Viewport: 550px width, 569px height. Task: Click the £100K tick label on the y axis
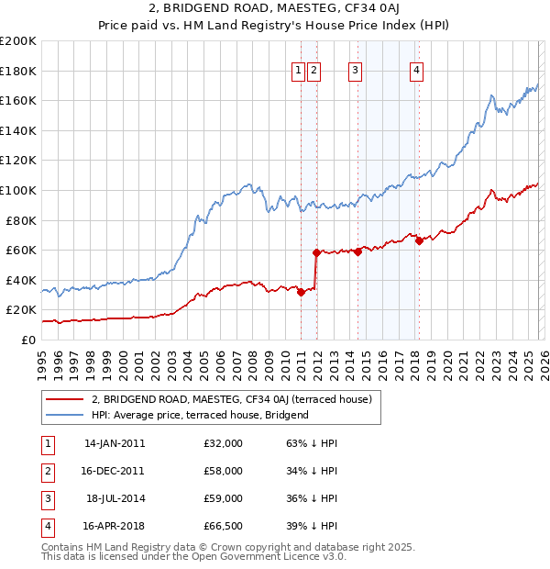[17, 190]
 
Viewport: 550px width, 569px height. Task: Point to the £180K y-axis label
[17, 71]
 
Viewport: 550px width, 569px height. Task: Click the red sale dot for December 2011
[316, 252]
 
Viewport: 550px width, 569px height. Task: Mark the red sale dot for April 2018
[419, 240]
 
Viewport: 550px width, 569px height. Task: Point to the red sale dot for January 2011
[301, 292]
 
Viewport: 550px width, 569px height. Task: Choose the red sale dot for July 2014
[357, 251]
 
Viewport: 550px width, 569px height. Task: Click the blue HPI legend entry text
[200, 415]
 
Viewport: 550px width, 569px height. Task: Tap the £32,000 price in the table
[224, 443]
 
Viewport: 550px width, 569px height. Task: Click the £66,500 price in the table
[224, 526]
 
